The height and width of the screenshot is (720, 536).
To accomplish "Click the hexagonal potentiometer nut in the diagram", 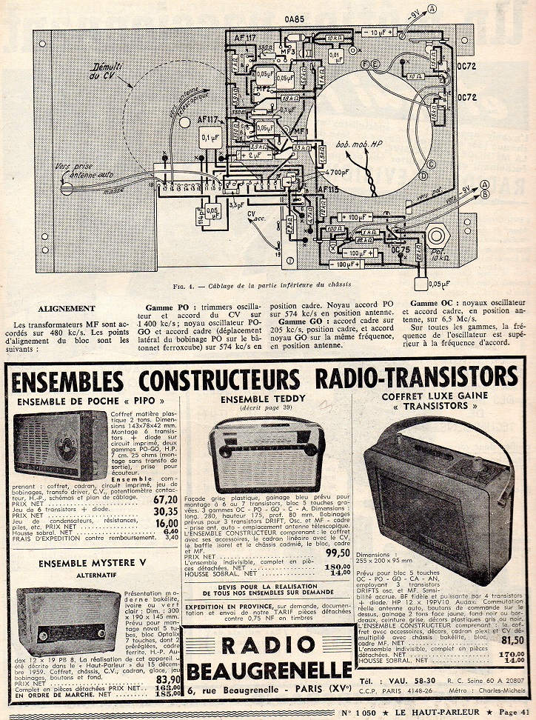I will coord(438,238).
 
